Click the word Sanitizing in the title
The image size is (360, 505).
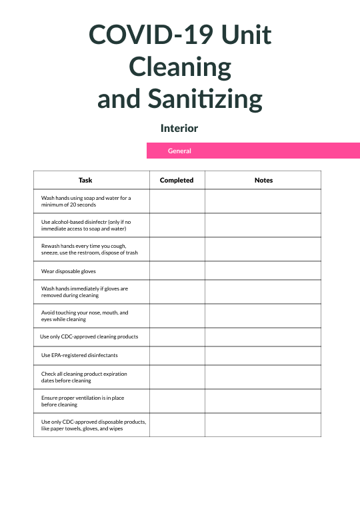click(x=213, y=99)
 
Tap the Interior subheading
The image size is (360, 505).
click(x=179, y=128)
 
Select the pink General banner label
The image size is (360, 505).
click(x=179, y=151)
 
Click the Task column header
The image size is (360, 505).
click(x=85, y=180)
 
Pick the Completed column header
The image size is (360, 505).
click(x=177, y=180)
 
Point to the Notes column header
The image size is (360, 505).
click(x=263, y=180)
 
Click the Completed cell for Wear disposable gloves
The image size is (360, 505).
click(x=177, y=271)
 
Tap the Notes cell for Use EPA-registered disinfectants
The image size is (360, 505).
click(x=263, y=355)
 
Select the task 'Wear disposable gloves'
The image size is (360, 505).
click(x=69, y=271)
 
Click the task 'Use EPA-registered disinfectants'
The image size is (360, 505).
click(x=79, y=355)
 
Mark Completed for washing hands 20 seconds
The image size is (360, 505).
click(x=177, y=201)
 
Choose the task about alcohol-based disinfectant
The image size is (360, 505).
click(x=86, y=225)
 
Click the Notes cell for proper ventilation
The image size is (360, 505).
click(x=263, y=401)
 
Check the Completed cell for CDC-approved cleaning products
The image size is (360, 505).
click(x=177, y=336)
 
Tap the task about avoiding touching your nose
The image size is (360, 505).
click(x=85, y=316)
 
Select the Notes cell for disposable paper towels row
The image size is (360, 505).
click(x=263, y=425)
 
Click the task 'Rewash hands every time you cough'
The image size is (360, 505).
click(x=89, y=249)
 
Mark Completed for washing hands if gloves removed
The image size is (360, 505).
click(x=177, y=292)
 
